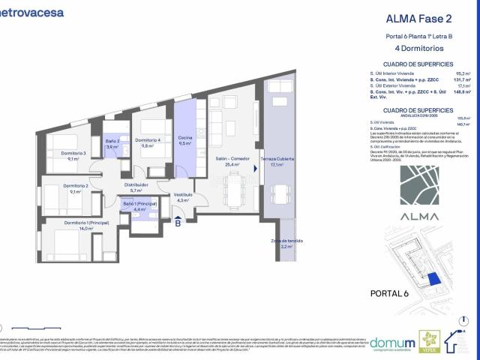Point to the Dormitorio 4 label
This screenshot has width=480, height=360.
point(148,140)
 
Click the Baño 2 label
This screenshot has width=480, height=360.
point(112,141)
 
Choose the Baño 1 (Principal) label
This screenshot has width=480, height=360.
point(139,204)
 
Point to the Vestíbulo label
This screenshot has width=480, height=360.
point(184,194)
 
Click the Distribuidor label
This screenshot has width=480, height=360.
point(136,184)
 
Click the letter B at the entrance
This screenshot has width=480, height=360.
point(178,222)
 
